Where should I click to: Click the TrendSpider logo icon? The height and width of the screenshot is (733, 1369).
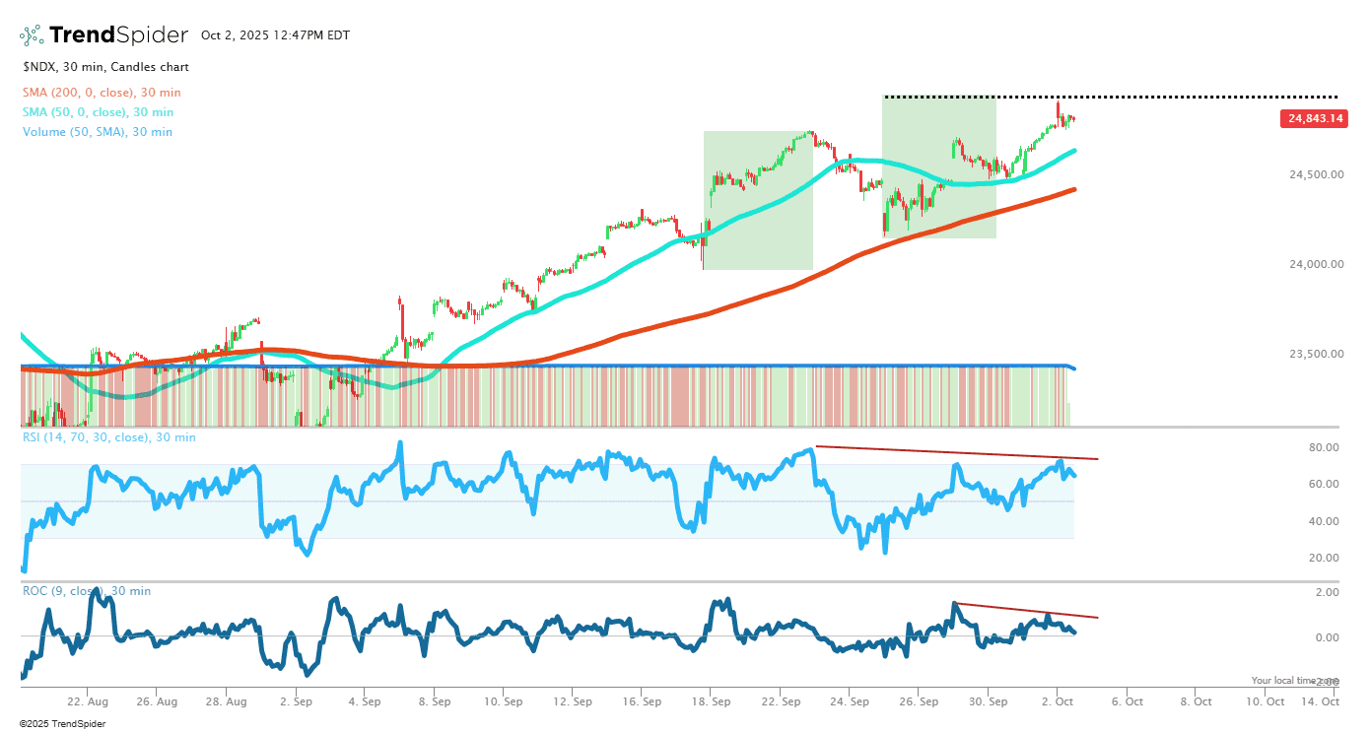point(32,35)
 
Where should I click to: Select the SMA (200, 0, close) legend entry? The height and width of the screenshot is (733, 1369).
point(102,93)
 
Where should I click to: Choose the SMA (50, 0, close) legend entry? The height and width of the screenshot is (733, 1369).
point(98,112)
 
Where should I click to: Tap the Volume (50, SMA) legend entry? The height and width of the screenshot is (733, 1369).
point(98,132)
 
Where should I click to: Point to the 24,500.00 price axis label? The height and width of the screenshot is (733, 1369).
point(1316,175)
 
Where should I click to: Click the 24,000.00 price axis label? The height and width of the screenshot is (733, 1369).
point(1316,264)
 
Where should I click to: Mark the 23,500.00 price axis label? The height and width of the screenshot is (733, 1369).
point(1316,354)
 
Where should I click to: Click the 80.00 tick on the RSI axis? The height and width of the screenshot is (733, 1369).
point(1324,447)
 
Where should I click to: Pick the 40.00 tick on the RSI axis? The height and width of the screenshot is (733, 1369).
point(1324,521)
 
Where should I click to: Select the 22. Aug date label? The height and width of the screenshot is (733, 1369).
point(87,702)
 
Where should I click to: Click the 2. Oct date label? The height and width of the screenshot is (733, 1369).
point(1058,702)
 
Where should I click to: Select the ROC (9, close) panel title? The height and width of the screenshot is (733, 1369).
point(87,591)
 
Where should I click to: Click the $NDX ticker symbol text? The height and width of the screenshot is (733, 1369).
point(40,67)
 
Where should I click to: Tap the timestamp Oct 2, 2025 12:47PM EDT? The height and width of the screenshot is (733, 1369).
point(275,35)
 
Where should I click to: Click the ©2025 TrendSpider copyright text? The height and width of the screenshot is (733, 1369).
point(62,724)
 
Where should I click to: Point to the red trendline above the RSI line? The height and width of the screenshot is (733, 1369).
point(956,452)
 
